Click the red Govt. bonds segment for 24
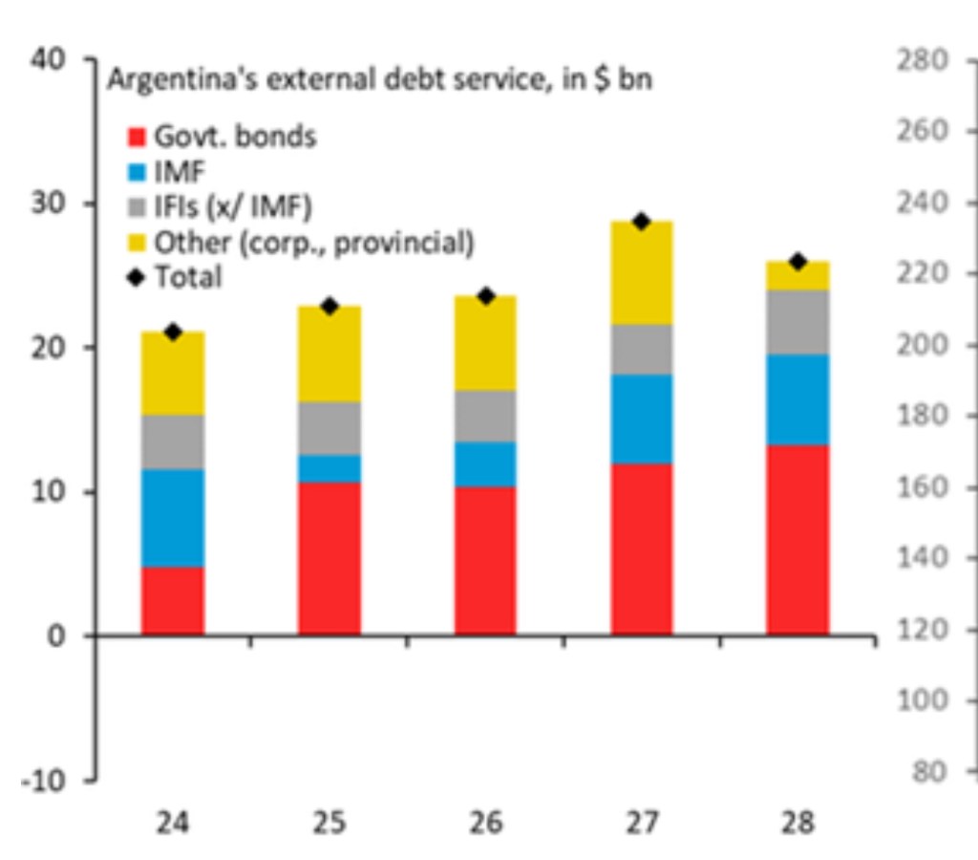coord(173,601)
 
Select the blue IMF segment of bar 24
coord(173,518)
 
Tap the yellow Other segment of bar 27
coord(642,273)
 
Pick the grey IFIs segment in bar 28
coord(798,322)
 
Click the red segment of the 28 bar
coord(798,540)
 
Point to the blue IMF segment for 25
coord(330,468)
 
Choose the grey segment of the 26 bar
coord(485,416)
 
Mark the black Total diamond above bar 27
coord(642,222)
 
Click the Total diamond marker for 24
coord(173,333)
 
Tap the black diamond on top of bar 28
coord(798,262)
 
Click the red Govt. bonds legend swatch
coord(136,137)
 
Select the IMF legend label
coord(181,171)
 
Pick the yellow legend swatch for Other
coord(136,242)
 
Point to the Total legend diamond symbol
coord(136,277)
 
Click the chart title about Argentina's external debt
coord(379,80)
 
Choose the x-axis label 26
coord(485,823)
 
